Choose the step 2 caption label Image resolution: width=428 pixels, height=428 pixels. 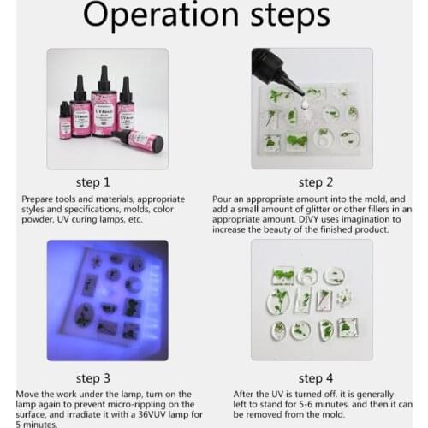pyautogui.click(x=311, y=181)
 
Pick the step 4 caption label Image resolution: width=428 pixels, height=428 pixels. pyautogui.click(x=311, y=377)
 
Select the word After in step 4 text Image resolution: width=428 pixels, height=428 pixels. pyautogui.click(x=244, y=393)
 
